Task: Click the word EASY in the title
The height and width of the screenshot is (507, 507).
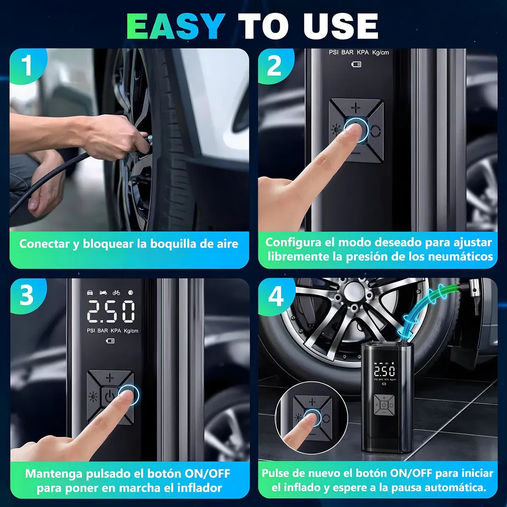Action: (176, 26)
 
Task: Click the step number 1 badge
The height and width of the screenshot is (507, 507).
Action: (27, 66)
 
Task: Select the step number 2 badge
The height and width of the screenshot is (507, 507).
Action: (275, 66)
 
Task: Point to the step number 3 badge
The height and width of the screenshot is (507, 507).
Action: (27, 295)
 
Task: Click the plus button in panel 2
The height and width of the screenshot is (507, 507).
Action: (356, 108)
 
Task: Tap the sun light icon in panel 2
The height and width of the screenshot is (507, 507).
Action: (336, 130)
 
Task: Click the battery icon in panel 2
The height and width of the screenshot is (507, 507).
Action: (357, 64)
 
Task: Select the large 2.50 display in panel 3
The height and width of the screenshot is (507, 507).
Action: (111, 312)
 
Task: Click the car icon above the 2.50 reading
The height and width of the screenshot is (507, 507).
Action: (90, 292)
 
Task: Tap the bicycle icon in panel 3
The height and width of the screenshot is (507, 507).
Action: (116, 292)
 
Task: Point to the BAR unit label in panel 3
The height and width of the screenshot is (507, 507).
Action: (103, 330)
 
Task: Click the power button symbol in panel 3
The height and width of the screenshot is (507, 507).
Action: (109, 396)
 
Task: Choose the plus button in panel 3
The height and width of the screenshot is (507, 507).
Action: (110, 378)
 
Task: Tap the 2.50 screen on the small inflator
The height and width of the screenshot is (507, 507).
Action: (384, 371)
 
